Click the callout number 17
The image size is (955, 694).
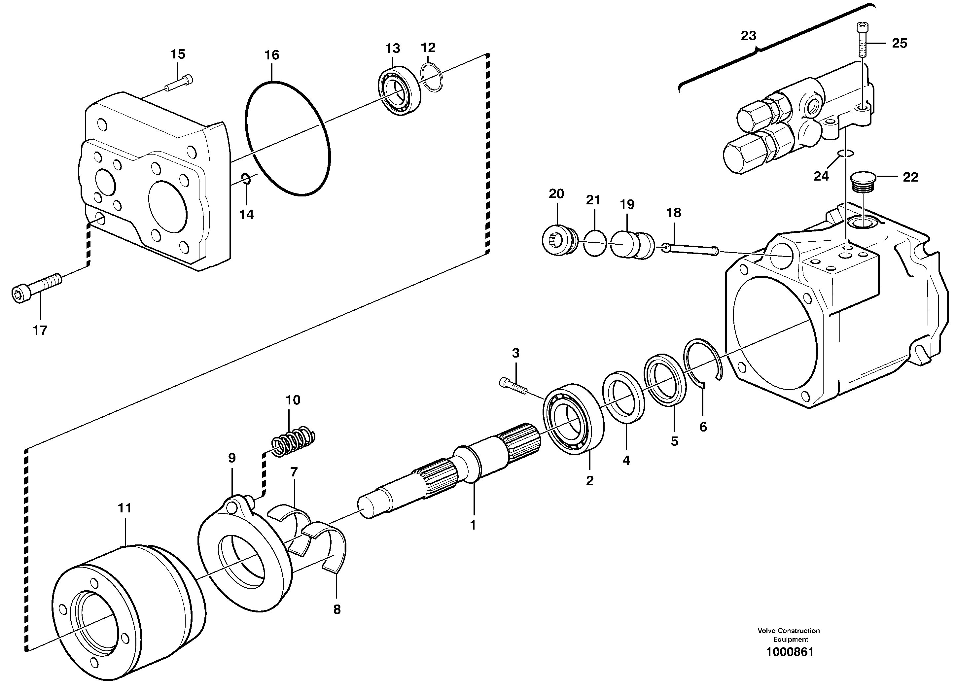(40, 330)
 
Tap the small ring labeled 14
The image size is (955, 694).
(247, 179)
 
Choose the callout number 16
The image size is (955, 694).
(271, 55)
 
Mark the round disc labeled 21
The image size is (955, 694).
(594, 243)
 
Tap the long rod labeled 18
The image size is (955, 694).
(690, 249)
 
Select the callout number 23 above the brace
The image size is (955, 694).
(748, 36)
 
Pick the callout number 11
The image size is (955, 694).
(124, 508)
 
